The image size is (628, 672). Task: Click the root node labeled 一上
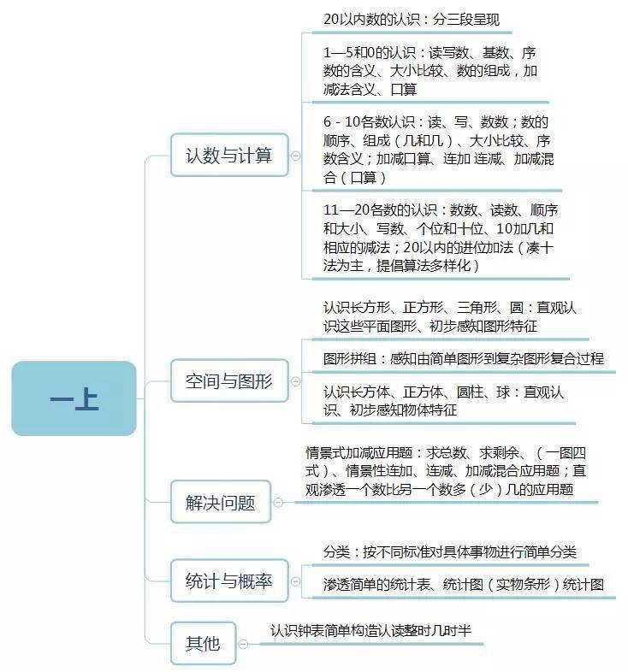[x=74, y=398]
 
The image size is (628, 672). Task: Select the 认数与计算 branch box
[x=229, y=155]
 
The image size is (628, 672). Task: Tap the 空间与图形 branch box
[x=229, y=380]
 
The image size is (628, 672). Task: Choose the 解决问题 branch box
[x=221, y=501]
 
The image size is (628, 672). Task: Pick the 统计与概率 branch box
[x=229, y=581]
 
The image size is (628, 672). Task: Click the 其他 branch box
[x=204, y=643]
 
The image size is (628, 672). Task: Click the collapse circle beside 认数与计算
[x=295, y=156]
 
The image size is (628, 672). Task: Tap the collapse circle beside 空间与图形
[x=295, y=381]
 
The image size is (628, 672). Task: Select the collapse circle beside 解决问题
[x=278, y=502]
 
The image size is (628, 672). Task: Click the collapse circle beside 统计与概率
[x=295, y=581]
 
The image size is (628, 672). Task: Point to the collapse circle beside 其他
[x=243, y=644]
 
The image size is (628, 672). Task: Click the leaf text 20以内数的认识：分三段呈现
[x=412, y=20]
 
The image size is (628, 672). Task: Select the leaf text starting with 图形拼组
[x=463, y=358]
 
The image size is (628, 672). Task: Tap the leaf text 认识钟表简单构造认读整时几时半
[x=370, y=630]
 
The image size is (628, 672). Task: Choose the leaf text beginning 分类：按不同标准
[x=449, y=551]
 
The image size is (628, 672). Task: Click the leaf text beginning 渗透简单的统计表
[x=463, y=584]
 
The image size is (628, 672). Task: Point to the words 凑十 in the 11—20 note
[x=540, y=247]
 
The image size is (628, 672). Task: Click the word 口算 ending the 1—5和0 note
[x=404, y=89]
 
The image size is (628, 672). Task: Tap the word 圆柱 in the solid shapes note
[x=470, y=392]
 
